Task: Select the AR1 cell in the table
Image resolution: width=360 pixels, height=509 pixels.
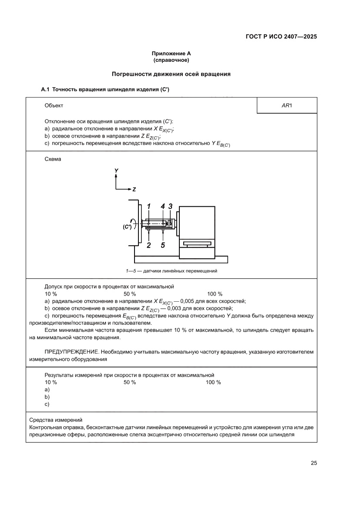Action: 287,105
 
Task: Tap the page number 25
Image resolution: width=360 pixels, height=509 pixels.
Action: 313,463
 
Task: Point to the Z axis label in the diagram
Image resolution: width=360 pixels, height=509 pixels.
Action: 135,189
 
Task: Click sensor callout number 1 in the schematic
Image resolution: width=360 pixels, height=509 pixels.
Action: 148,206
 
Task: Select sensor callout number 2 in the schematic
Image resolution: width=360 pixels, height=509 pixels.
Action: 149,245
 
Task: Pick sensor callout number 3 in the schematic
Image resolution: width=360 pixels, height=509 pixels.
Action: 170,206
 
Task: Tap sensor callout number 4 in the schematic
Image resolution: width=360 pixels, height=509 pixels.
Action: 163,206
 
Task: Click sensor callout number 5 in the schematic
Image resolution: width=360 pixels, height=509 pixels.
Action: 163,245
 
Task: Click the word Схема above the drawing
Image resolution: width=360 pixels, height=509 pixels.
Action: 53,159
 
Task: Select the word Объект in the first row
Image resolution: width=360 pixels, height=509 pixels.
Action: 54,105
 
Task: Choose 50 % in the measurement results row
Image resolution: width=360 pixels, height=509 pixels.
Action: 130,382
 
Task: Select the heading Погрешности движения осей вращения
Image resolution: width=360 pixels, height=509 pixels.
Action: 171,74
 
